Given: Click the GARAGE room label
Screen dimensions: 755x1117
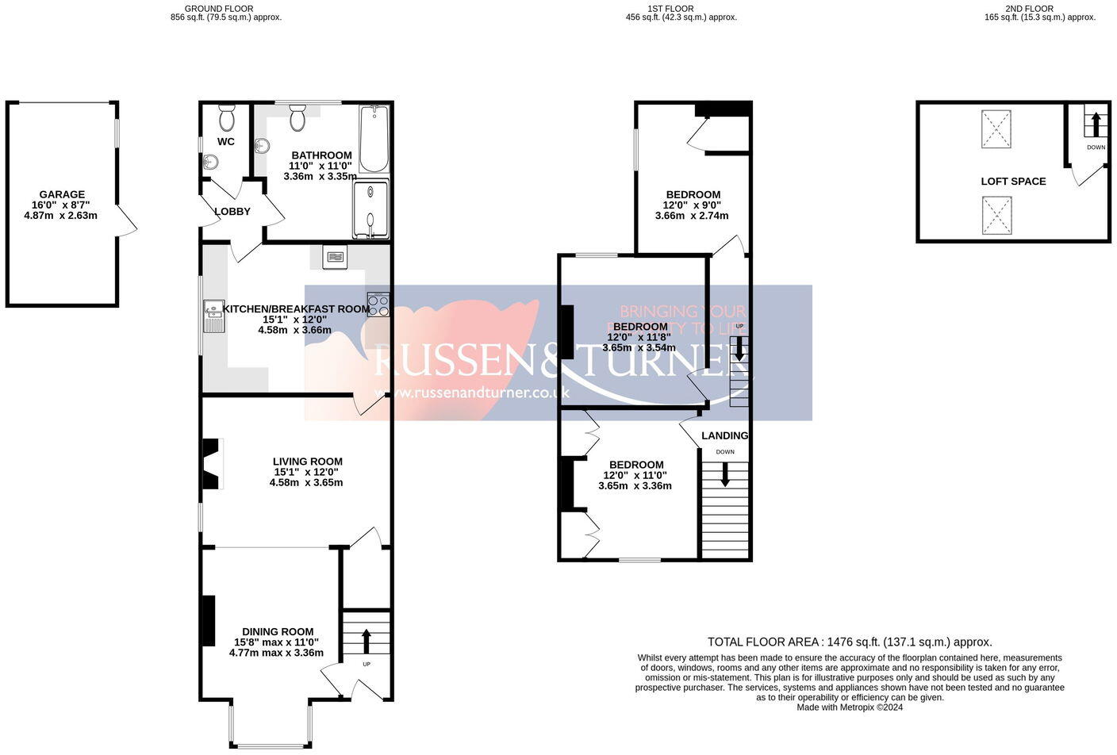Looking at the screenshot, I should (62, 194).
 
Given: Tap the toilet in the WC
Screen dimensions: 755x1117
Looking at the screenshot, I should (226, 120).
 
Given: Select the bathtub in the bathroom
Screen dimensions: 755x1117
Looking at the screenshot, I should (374, 139).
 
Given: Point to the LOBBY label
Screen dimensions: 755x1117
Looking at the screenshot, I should (232, 212).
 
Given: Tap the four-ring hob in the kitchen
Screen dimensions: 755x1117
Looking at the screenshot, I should (378, 305).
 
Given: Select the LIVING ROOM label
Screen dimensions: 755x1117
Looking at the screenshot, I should (307, 461).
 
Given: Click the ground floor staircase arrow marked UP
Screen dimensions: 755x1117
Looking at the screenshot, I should (367, 639).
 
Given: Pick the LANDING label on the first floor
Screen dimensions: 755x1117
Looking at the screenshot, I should (724, 435).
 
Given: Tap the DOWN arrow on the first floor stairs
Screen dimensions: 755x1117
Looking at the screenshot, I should (725, 473).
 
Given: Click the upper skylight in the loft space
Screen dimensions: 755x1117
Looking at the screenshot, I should (996, 129).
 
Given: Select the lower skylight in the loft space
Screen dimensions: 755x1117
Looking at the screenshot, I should (996, 216).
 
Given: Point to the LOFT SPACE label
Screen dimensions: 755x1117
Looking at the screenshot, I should (1013, 181).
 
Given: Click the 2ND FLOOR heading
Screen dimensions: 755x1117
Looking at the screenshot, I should (1039, 9).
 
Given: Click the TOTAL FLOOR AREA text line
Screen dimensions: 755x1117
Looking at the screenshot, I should (850, 642).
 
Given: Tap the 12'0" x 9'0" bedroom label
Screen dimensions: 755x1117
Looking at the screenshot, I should (693, 205).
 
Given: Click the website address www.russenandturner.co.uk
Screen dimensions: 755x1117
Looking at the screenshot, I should (471, 393).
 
